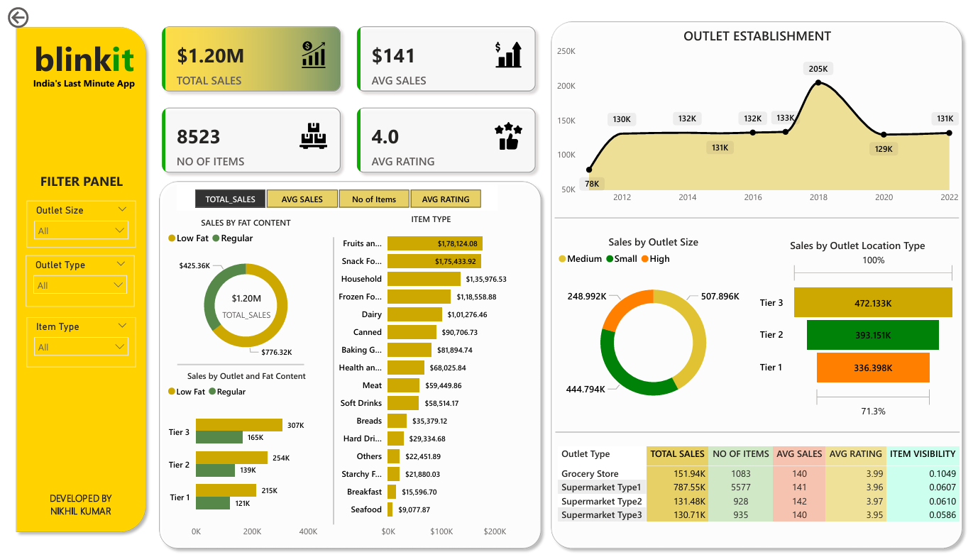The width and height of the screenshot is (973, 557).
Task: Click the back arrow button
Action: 18,18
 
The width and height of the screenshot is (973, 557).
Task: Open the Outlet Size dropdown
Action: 81,231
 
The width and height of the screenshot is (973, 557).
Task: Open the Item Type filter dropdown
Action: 81,347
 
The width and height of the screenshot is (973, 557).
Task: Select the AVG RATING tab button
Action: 445,199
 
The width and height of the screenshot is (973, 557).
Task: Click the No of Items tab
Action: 374,199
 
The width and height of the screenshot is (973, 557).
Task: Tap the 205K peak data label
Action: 818,69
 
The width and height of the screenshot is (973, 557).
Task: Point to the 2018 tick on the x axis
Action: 818,197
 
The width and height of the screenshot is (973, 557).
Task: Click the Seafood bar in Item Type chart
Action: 391,509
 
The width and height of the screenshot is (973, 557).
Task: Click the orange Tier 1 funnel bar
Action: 872,368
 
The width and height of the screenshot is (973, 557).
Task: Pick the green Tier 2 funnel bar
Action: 872,335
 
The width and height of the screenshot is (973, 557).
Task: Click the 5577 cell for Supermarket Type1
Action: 740,487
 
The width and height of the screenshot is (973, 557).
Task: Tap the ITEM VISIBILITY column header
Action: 923,454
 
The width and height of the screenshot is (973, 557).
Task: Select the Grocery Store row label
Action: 590,474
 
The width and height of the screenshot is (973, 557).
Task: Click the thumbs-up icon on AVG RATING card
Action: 508,137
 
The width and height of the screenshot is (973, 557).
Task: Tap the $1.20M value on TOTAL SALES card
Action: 210,55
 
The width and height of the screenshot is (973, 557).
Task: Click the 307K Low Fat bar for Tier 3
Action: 238,425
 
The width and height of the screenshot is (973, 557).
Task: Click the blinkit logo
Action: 84,60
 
